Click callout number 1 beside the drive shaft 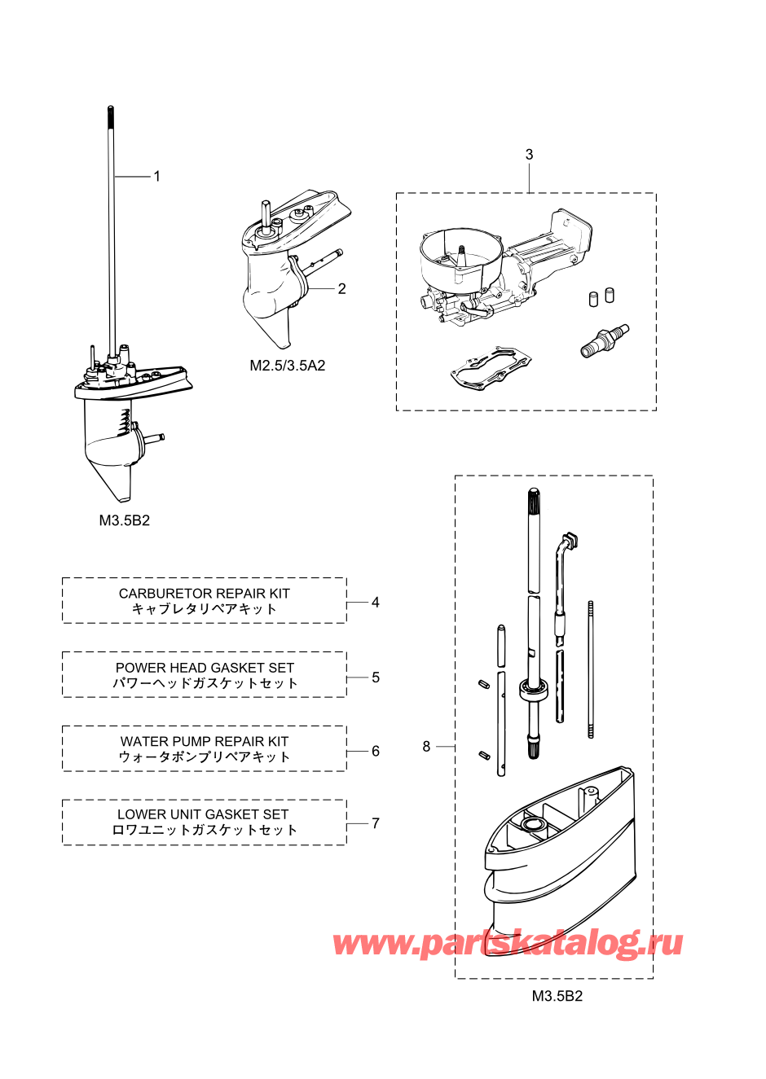click(x=156, y=176)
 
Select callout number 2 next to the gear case click(x=341, y=288)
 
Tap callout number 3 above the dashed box click(x=530, y=155)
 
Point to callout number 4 click(x=376, y=602)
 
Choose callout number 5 click(x=376, y=677)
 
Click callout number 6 click(x=376, y=751)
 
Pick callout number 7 click(x=376, y=823)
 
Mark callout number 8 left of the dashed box click(x=426, y=746)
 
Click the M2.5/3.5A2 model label click(x=288, y=366)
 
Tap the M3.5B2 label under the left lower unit click(x=125, y=520)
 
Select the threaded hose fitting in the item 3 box click(x=605, y=340)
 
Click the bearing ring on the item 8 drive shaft click(x=534, y=688)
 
